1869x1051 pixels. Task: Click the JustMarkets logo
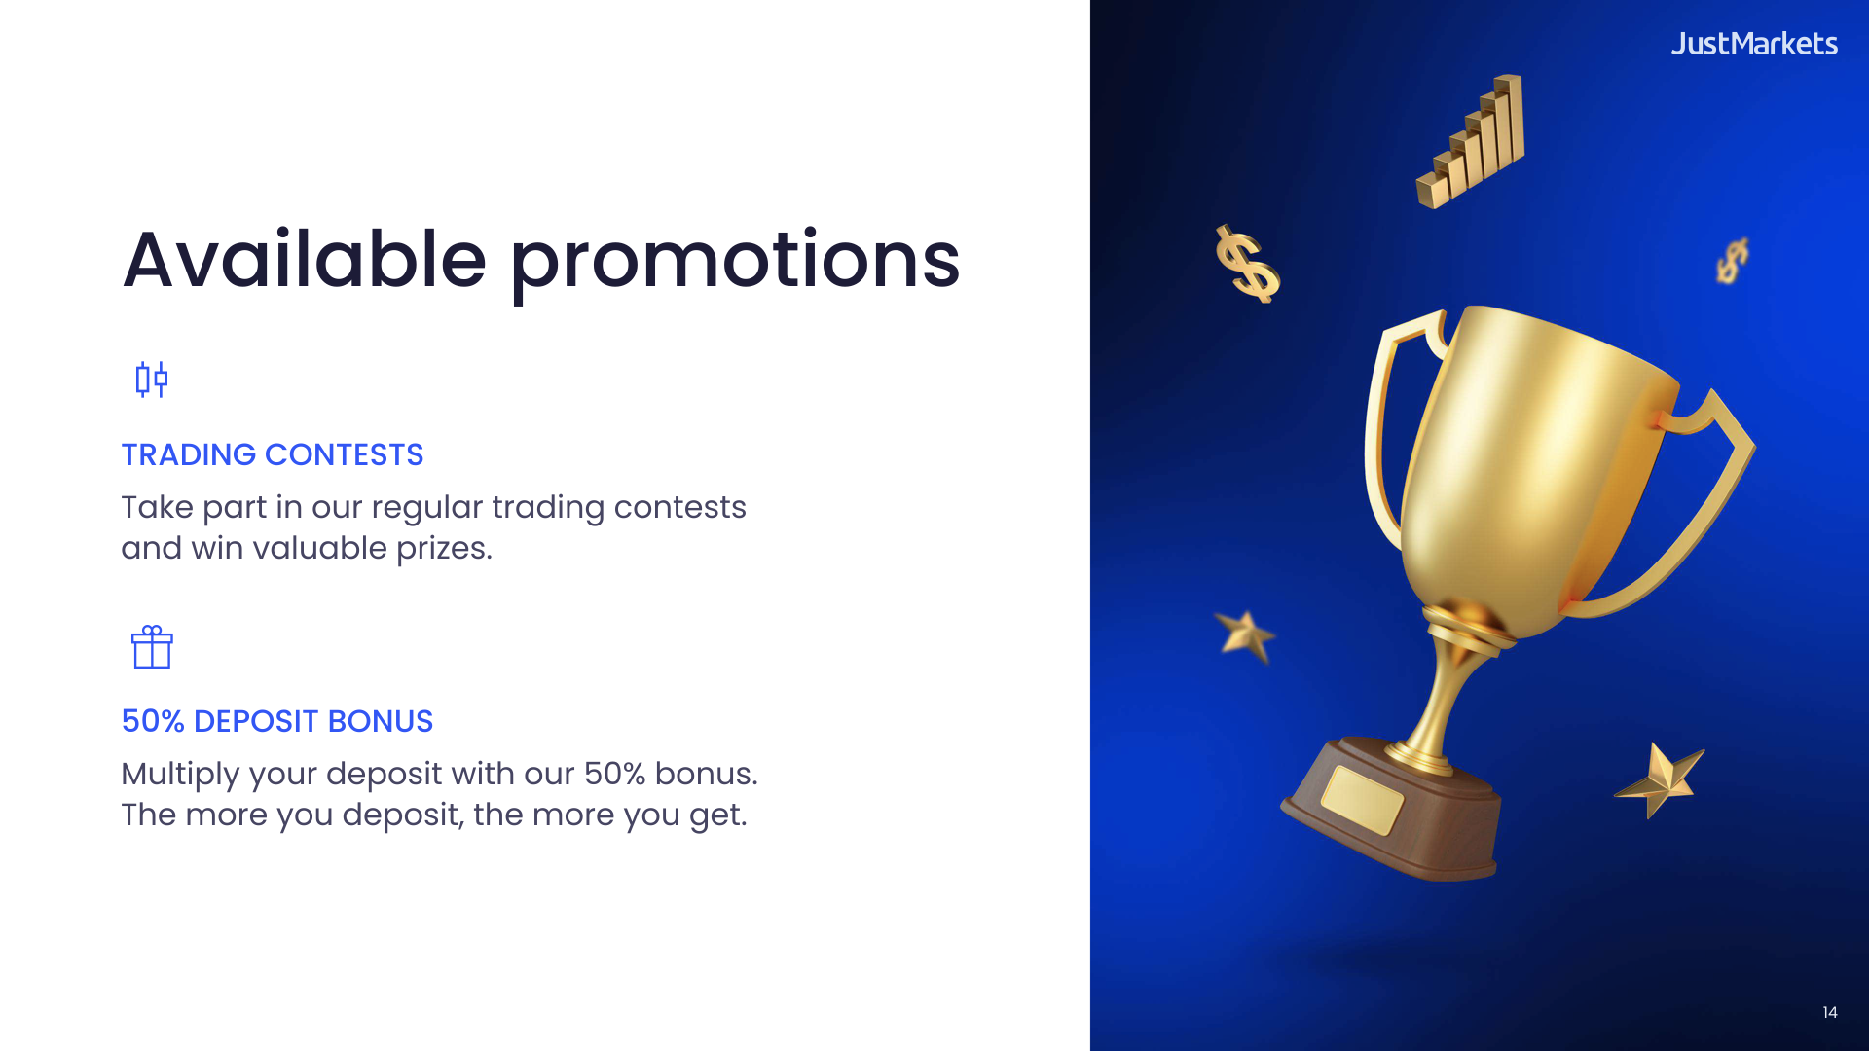click(1753, 44)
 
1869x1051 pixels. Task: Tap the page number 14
click(1829, 1012)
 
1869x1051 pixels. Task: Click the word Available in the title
click(304, 260)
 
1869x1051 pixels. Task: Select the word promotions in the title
click(735, 262)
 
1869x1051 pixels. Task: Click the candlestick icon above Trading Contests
click(151, 379)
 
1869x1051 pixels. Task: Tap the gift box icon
click(152, 647)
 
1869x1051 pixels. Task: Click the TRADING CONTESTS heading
click(272, 454)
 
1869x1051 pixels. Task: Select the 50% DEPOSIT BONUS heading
click(276, 721)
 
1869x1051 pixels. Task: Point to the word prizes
click(443, 549)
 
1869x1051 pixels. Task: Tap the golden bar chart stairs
click(1471, 143)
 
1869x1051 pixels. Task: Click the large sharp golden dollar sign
click(1247, 264)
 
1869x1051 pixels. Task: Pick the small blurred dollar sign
click(1732, 261)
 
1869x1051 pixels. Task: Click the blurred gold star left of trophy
click(1245, 635)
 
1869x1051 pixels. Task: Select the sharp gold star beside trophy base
click(1661, 779)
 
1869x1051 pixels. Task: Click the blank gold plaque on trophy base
click(1362, 799)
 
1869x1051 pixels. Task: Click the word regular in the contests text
click(426, 508)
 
